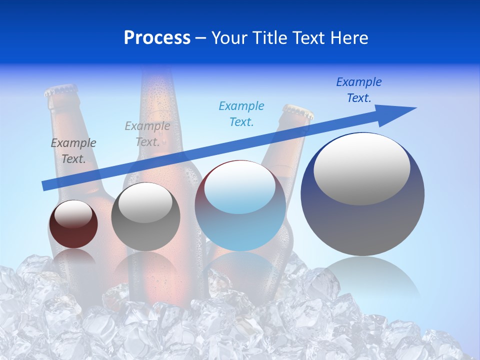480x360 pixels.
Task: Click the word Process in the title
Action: (x=157, y=38)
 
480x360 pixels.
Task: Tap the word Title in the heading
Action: (x=269, y=38)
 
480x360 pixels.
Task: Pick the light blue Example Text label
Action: (x=241, y=113)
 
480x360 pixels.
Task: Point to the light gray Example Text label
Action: (x=147, y=133)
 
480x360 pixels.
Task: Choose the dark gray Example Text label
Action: (x=73, y=150)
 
